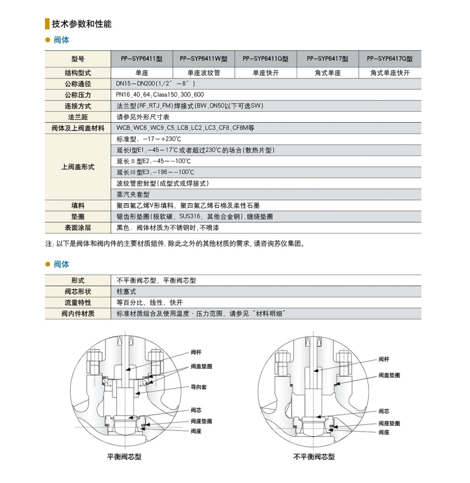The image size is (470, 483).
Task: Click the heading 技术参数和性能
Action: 81,24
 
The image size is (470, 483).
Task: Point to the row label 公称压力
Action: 78,95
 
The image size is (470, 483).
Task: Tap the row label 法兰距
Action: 78,117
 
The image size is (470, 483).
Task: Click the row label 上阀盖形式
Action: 78,167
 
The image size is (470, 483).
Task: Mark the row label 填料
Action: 78,205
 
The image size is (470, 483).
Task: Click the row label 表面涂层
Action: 78,227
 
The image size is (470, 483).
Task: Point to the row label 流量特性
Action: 78,303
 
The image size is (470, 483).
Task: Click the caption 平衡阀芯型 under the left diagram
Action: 124,456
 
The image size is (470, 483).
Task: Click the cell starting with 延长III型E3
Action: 155,172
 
